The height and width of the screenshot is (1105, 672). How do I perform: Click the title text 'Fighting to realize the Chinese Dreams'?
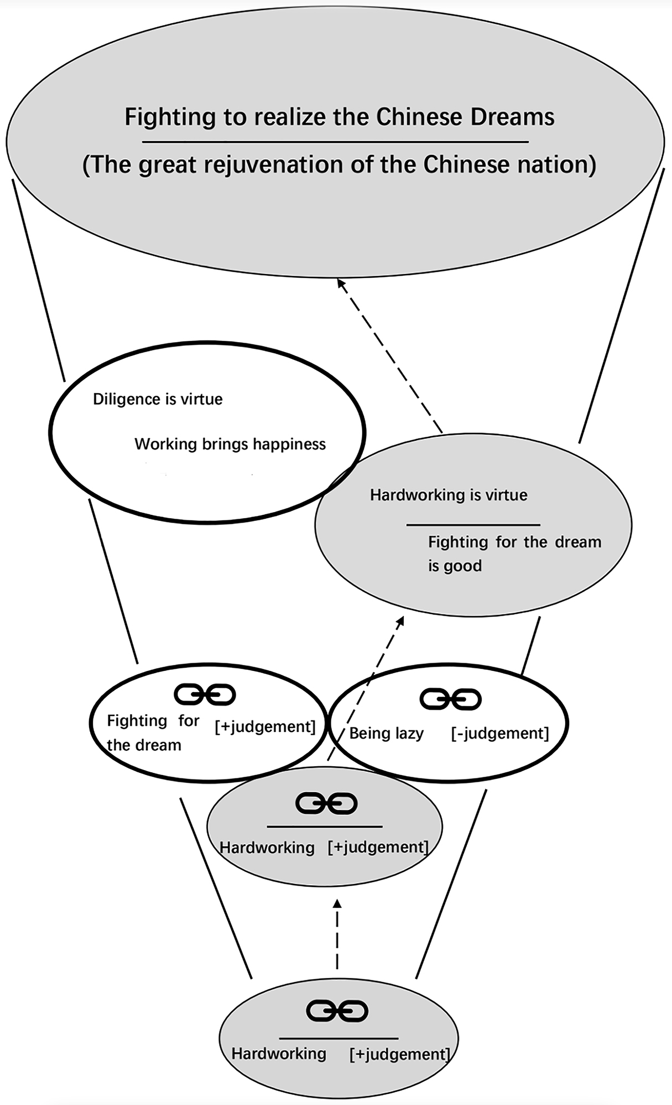tap(339, 117)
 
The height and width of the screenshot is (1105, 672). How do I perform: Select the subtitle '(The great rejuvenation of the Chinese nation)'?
tap(339, 165)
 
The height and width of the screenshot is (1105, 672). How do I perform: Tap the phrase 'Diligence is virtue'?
tap(158, 399)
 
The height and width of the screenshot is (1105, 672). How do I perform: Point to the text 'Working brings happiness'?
tap(230, 444)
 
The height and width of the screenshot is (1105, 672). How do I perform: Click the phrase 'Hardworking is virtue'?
tap(449, 495)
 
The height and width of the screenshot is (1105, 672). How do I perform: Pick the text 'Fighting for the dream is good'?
tap(514, 553)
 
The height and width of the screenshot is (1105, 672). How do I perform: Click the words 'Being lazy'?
tap(386, 734)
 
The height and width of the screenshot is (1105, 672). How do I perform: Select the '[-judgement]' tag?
tap(500, 734)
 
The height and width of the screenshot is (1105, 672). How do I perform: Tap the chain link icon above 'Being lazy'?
tap(450, 699)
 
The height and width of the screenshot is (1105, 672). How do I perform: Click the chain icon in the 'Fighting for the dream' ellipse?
tap(205, 694)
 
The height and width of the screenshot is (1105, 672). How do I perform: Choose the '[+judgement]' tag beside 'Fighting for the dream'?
tap(265, 726)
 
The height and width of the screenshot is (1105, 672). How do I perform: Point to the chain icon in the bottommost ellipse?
tap(337, 1011)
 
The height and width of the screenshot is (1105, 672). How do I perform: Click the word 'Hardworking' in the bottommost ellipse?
tap(279, 1054)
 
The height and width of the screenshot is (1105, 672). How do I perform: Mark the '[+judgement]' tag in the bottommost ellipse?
tap(399, 1054)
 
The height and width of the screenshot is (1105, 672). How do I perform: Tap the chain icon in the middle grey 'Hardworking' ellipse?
tap(326, 803)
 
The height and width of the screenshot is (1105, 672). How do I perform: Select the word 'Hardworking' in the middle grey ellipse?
tap(267, 848)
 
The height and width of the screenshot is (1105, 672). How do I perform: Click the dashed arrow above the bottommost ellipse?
tap(337, 936)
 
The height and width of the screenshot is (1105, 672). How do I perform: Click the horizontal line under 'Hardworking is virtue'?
tap(473, 524)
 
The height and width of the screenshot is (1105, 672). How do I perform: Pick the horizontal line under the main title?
tap(335, 142)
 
